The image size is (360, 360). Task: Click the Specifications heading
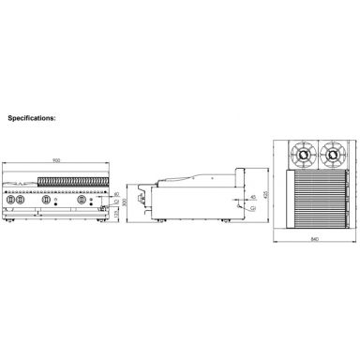point(32,120)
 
